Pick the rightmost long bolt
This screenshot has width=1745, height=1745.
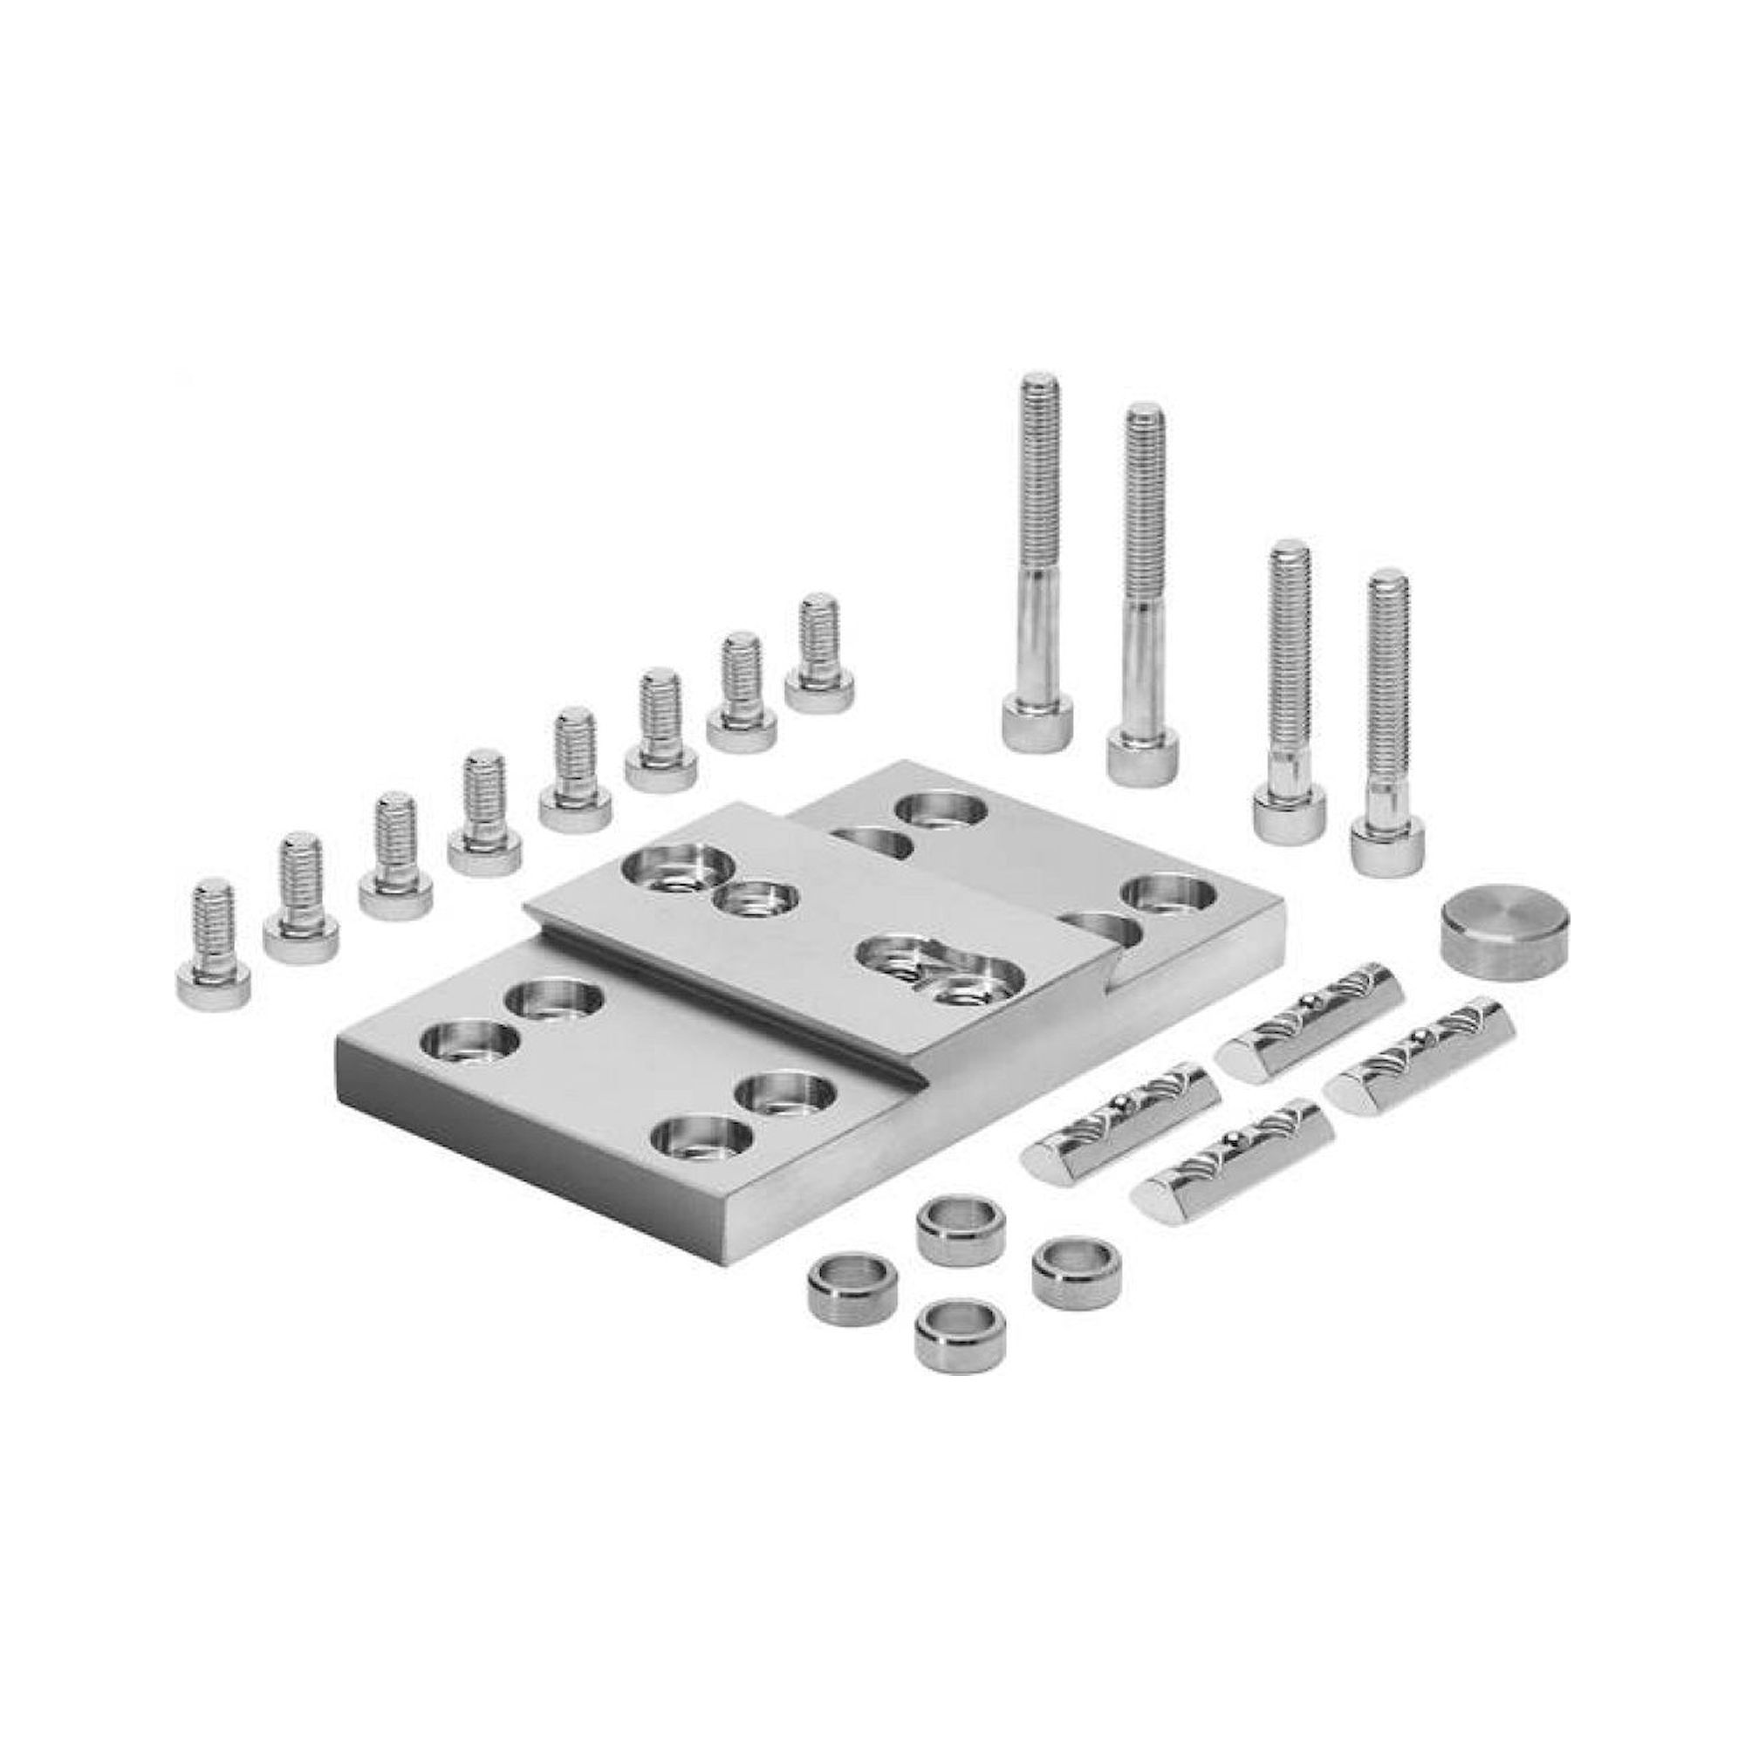coord(1388,722)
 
